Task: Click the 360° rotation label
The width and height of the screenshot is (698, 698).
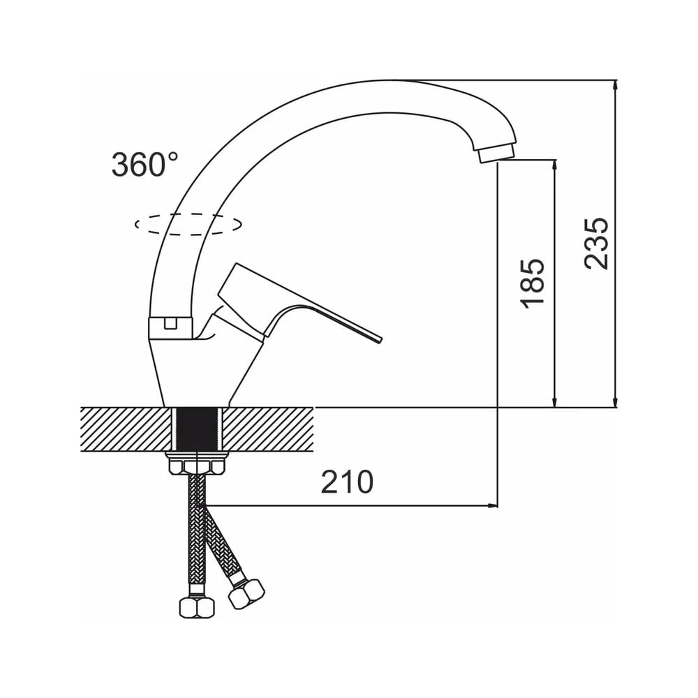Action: [x=144, y=164]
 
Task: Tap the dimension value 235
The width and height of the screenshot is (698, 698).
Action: [x=596, y=244]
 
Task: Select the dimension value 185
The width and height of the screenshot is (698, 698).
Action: [x=533, y=283]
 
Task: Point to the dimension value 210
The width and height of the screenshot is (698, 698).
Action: [x=347, y=482]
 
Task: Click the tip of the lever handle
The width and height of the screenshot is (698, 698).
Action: [x=380, y=340]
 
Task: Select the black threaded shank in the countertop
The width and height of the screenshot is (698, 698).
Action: [x=198, y=429]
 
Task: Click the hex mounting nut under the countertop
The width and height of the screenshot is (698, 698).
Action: [x=196, y=466]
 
